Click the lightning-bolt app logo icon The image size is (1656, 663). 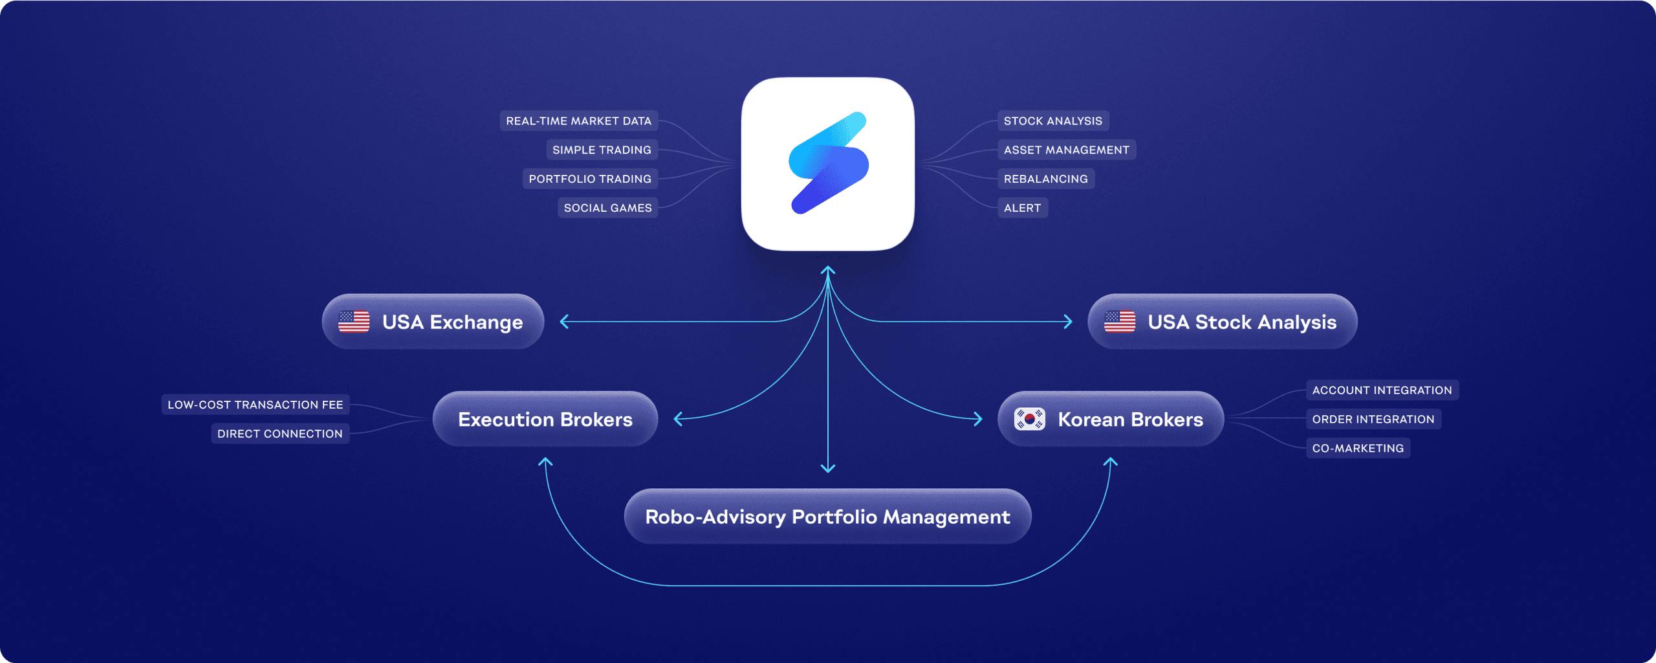(x=828, y=163)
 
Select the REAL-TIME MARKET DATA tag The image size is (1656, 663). (x=578, y=121)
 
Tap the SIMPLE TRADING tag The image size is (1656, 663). (x=602, y=150)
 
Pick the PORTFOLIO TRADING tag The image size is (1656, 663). (x=590, y=179)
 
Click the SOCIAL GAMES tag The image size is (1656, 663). (x=607, y=208)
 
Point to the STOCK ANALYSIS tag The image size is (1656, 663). (x=1052, y=121)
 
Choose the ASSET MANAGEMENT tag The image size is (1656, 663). (x=1066, y=150)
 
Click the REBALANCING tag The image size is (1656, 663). (x=1045, y=179)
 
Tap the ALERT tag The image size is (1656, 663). (x=1022, y=208)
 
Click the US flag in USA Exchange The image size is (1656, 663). (x=354, y=322)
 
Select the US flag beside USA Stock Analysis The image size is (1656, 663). (x=1119, y=322)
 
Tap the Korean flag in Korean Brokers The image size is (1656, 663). (x=1029, y=420)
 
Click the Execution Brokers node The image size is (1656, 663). (x=545, y=420)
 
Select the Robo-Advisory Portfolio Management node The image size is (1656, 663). (x=827, y=517)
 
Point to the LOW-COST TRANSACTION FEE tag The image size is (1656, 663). (x=255, y=405)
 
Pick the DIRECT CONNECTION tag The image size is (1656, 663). (x=279, y=434)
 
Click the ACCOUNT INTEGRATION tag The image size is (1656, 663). (x=1382, y=390)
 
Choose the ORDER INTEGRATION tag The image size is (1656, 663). (x=1373, y=420)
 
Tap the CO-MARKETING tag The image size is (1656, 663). (x=1357, y=448)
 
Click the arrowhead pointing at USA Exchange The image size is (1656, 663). (x=564, y=322)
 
